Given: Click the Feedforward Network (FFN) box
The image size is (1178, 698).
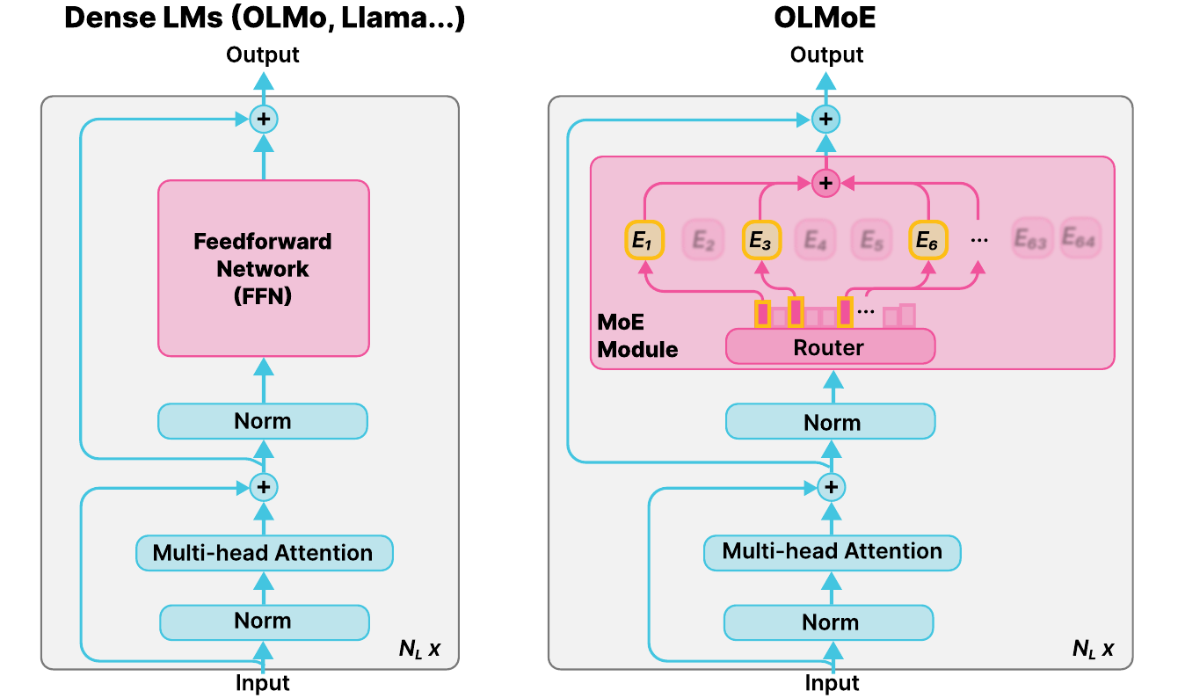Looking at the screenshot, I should [x=264, y=268].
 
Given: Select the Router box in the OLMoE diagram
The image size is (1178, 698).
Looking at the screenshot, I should [x=829, y=347].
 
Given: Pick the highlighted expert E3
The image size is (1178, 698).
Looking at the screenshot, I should [x=760, y=240].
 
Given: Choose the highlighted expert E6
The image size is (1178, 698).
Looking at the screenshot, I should [x=927, y=239].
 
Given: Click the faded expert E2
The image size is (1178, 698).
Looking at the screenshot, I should [x=702, y=240].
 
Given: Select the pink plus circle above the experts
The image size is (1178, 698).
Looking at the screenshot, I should [x=825, y=183].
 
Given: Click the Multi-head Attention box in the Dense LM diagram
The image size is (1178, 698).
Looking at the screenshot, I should [x=264, y=553].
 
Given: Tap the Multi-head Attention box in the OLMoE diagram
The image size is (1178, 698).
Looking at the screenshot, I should [x=832, y=552].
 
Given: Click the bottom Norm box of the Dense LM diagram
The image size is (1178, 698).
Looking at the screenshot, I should [x=263, y=622].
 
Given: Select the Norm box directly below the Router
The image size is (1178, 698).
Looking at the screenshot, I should [x=831, y=422].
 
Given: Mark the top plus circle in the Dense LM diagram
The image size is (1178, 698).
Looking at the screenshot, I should [x=263, y=119].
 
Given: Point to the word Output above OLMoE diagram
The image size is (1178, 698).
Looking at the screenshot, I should [x=826, y=55].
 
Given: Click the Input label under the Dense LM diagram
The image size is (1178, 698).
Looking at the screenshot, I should [x=262, y=683].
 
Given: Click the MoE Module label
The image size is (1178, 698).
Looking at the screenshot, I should [x=637, y=337].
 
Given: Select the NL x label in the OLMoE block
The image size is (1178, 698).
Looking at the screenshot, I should [x=1093, y=650].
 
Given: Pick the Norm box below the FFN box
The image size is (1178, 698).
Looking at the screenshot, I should [x=262, y=421].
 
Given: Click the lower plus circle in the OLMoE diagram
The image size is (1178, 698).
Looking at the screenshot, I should [x=830, y=486].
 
